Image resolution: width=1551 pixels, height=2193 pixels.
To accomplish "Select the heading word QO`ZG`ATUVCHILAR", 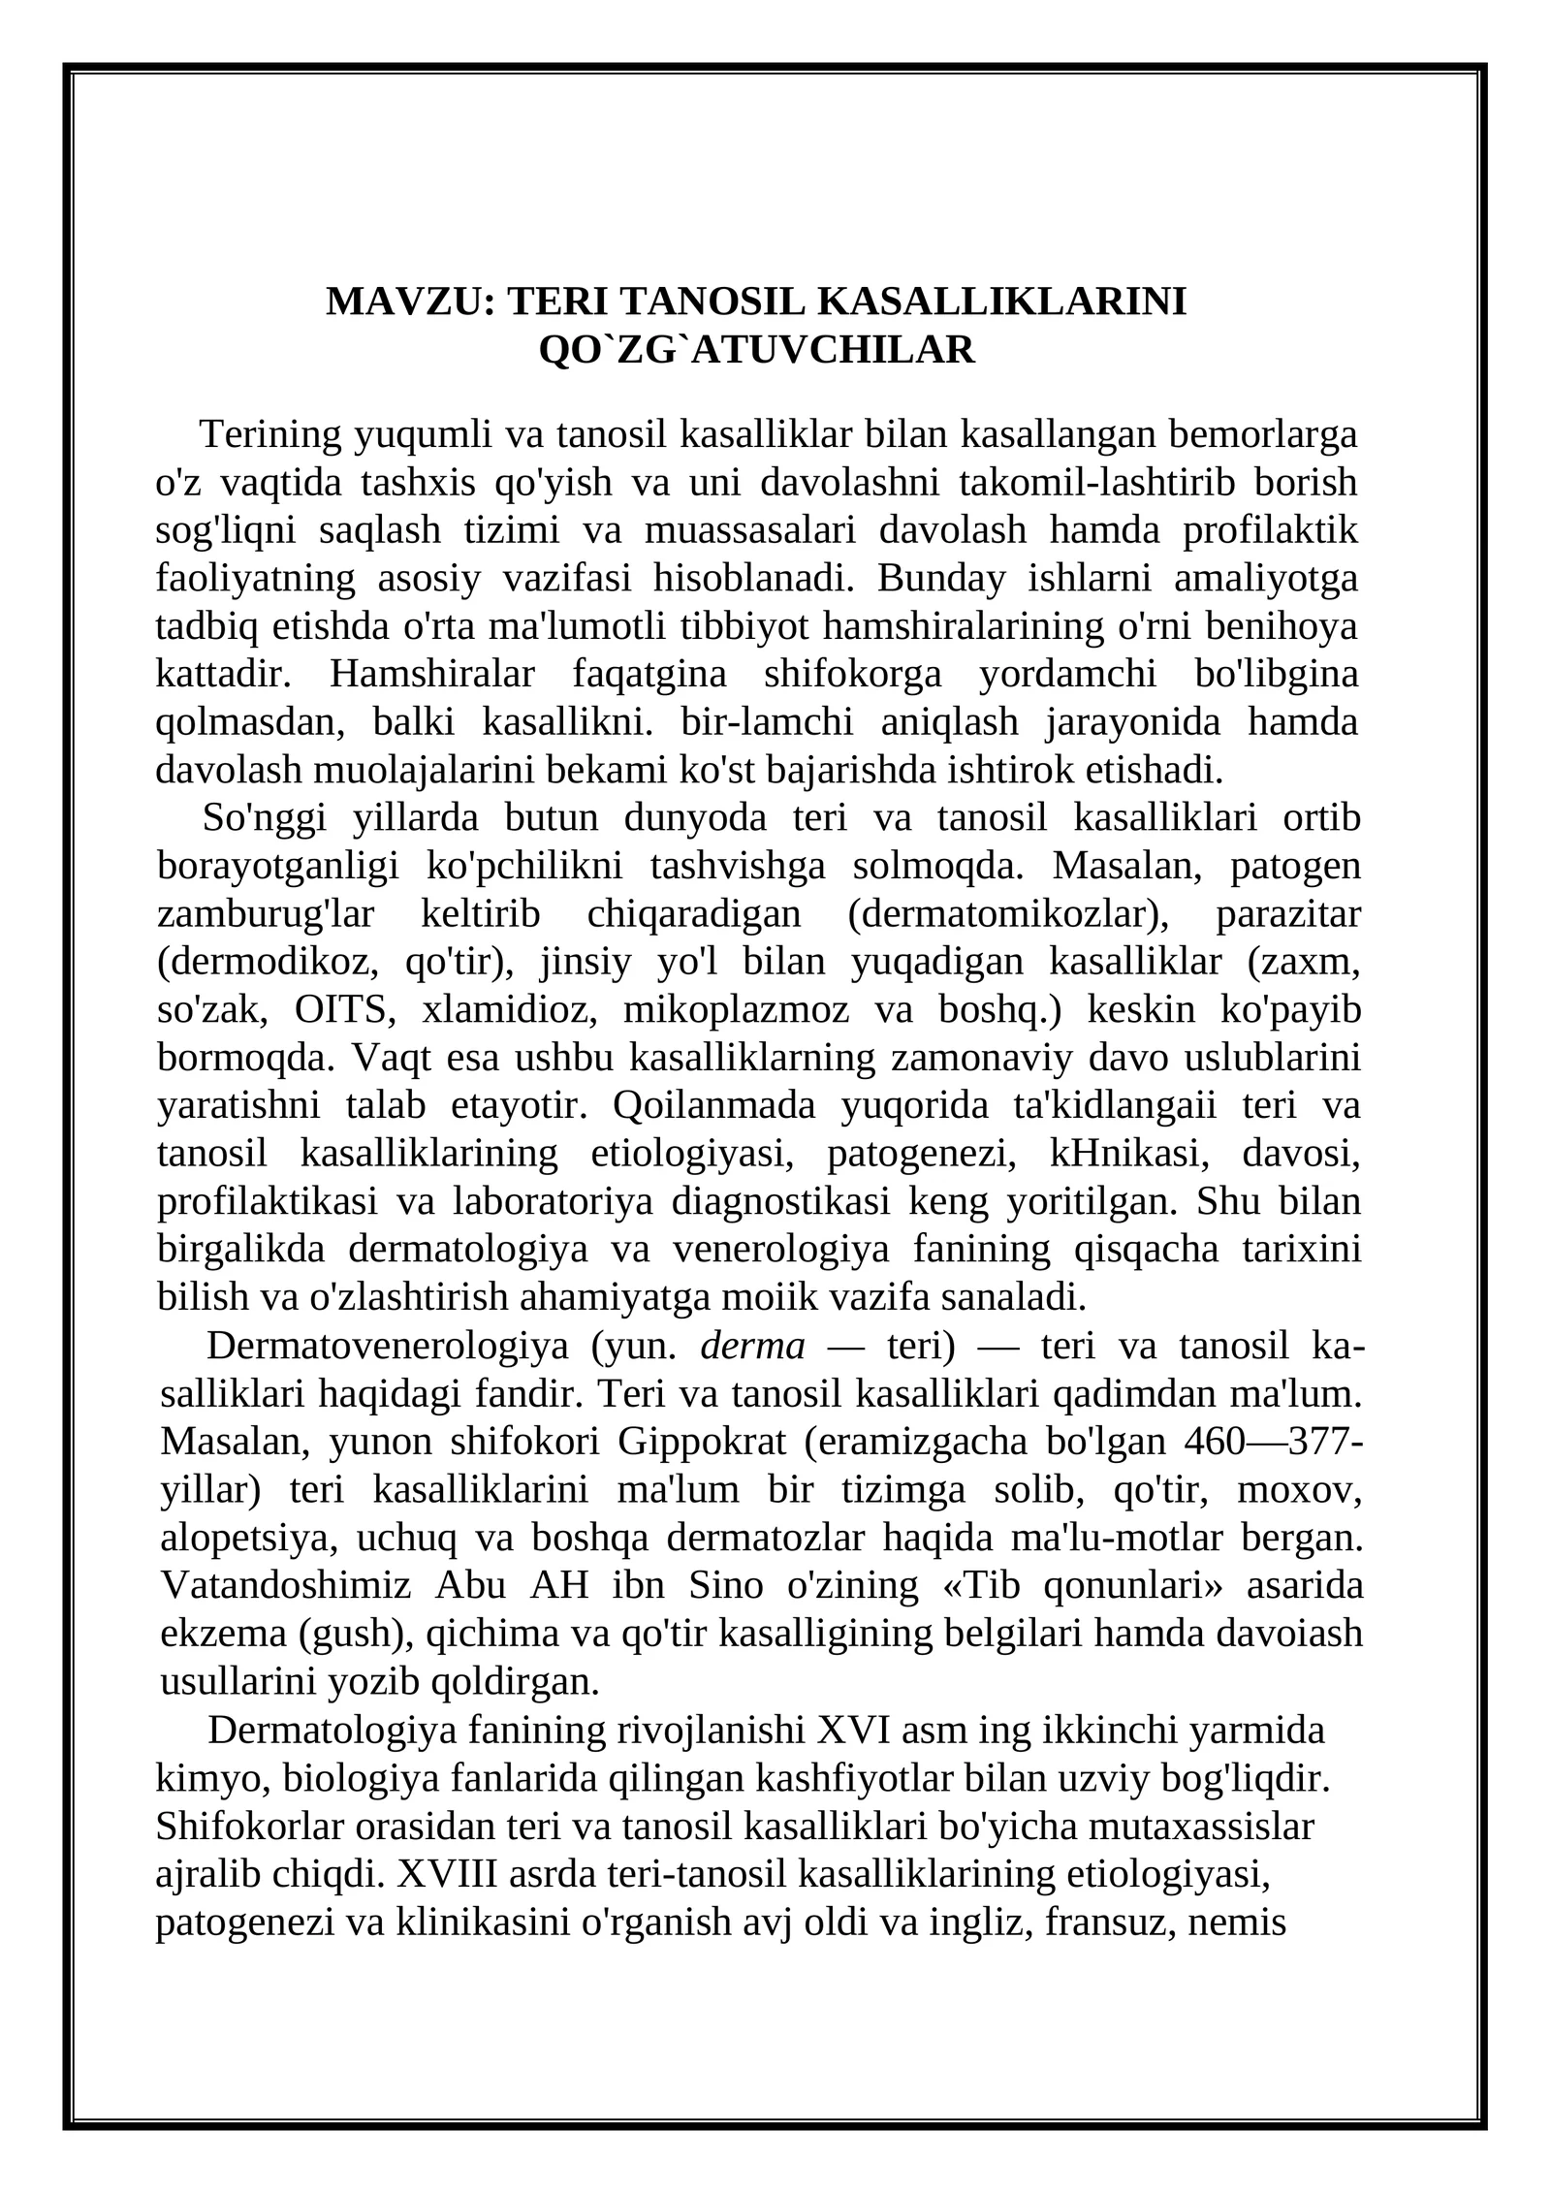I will (x=756, y=350).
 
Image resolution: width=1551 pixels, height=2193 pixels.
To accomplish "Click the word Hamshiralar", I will (x=432, y=674).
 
